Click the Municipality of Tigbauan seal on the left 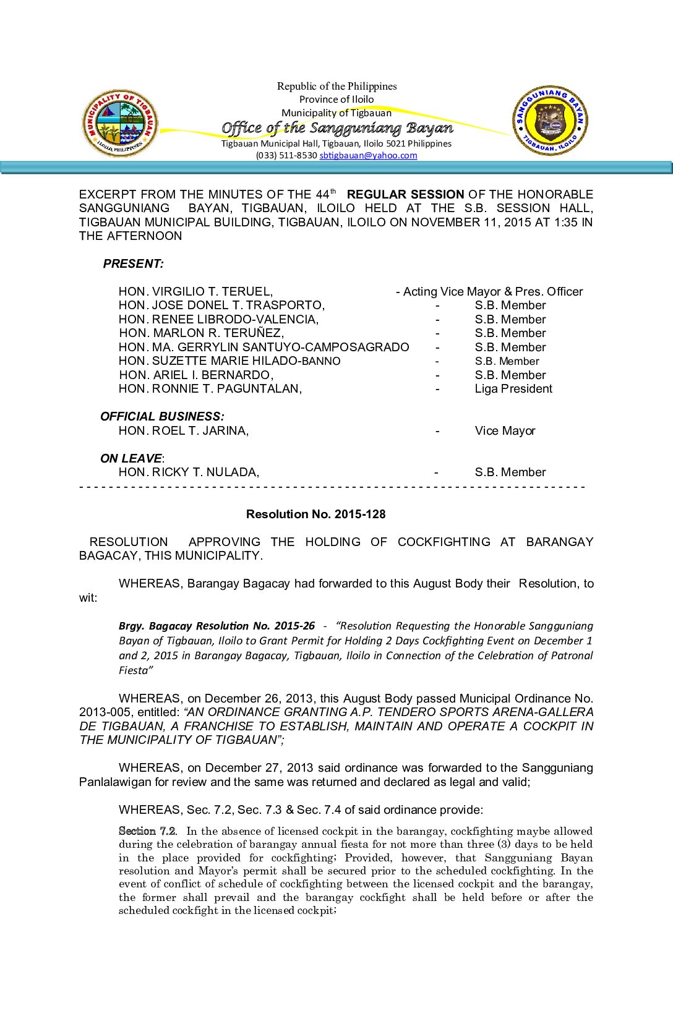pos(120,122)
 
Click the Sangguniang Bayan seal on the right pos(550,121)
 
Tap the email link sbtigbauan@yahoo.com pos(368,155)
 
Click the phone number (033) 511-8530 pos(286,155)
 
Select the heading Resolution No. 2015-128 pos(315,514)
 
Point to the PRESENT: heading pos(133,263)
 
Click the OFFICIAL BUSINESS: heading pos(162,416)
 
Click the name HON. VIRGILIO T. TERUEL pos(195,291)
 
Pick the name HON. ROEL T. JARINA pos(184,430)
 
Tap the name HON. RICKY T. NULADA pos(189,472)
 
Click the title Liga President pos(513,388)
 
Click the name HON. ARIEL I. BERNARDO pos(196,375)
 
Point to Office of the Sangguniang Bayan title pos(337,128)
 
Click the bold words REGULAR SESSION pos(405,194)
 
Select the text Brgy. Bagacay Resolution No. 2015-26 pos(216,626)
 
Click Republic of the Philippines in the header pos(336,86)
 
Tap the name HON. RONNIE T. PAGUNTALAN pos(210,388)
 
